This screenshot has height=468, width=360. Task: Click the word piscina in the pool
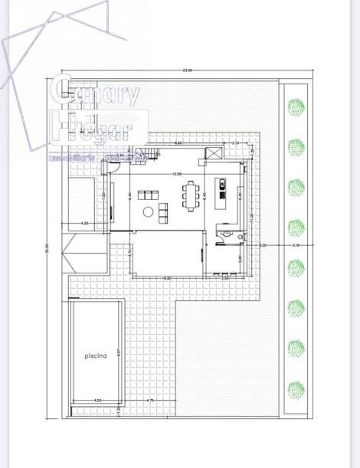pos(96,355)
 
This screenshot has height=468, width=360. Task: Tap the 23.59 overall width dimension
pos(187,70)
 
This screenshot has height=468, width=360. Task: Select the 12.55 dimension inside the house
pos(177,173)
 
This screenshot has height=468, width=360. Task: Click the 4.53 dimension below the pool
pos(97,400)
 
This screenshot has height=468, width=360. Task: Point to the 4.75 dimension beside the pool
pos(150,400)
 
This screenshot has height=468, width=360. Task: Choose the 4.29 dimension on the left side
pos(85,223)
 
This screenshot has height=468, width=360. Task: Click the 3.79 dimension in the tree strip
pos(296,245)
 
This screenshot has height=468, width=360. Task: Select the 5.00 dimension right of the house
pos(263,245)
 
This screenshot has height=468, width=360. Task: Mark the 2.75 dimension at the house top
pos(235,143)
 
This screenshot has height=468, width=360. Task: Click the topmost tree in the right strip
pos(296,107)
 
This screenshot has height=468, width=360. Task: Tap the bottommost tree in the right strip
pos(296,389)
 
